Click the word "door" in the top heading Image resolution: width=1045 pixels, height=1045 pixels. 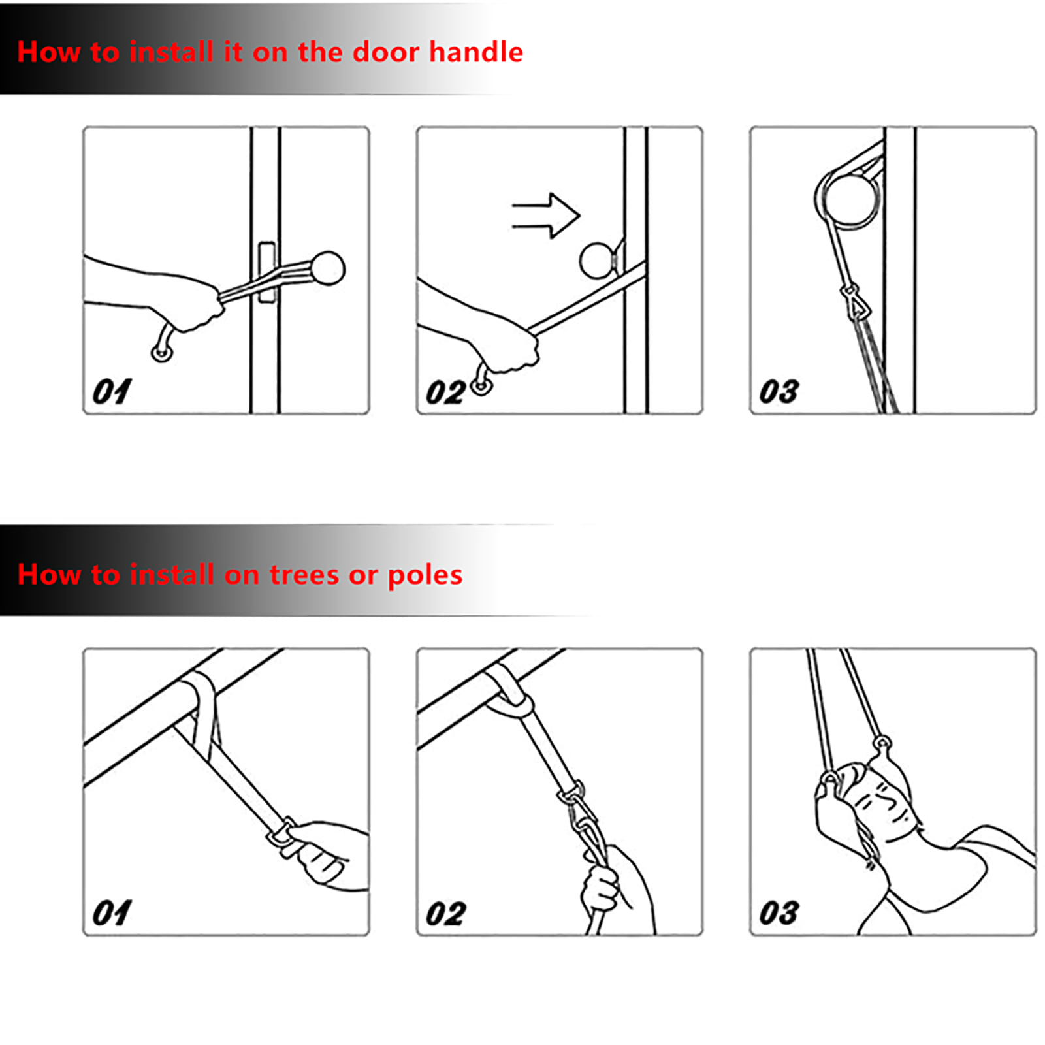tap(385, 52)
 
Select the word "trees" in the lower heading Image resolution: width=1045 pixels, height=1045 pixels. tap(304, 575)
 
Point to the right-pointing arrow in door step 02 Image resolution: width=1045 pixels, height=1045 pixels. tap(545, 216)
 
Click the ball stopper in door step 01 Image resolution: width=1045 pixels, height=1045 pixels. tap(327, 268)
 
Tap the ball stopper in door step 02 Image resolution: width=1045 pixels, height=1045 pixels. tap(596, 260)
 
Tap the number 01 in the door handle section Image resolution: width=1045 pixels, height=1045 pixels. tap(112, 392)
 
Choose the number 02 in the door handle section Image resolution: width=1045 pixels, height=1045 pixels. tap(445, 393)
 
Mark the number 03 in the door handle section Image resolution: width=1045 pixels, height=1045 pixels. tap(779, 392)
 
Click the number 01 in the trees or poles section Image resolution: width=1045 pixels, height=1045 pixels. tap(112, 913)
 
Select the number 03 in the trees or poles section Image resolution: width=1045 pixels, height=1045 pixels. tap(779, 913)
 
